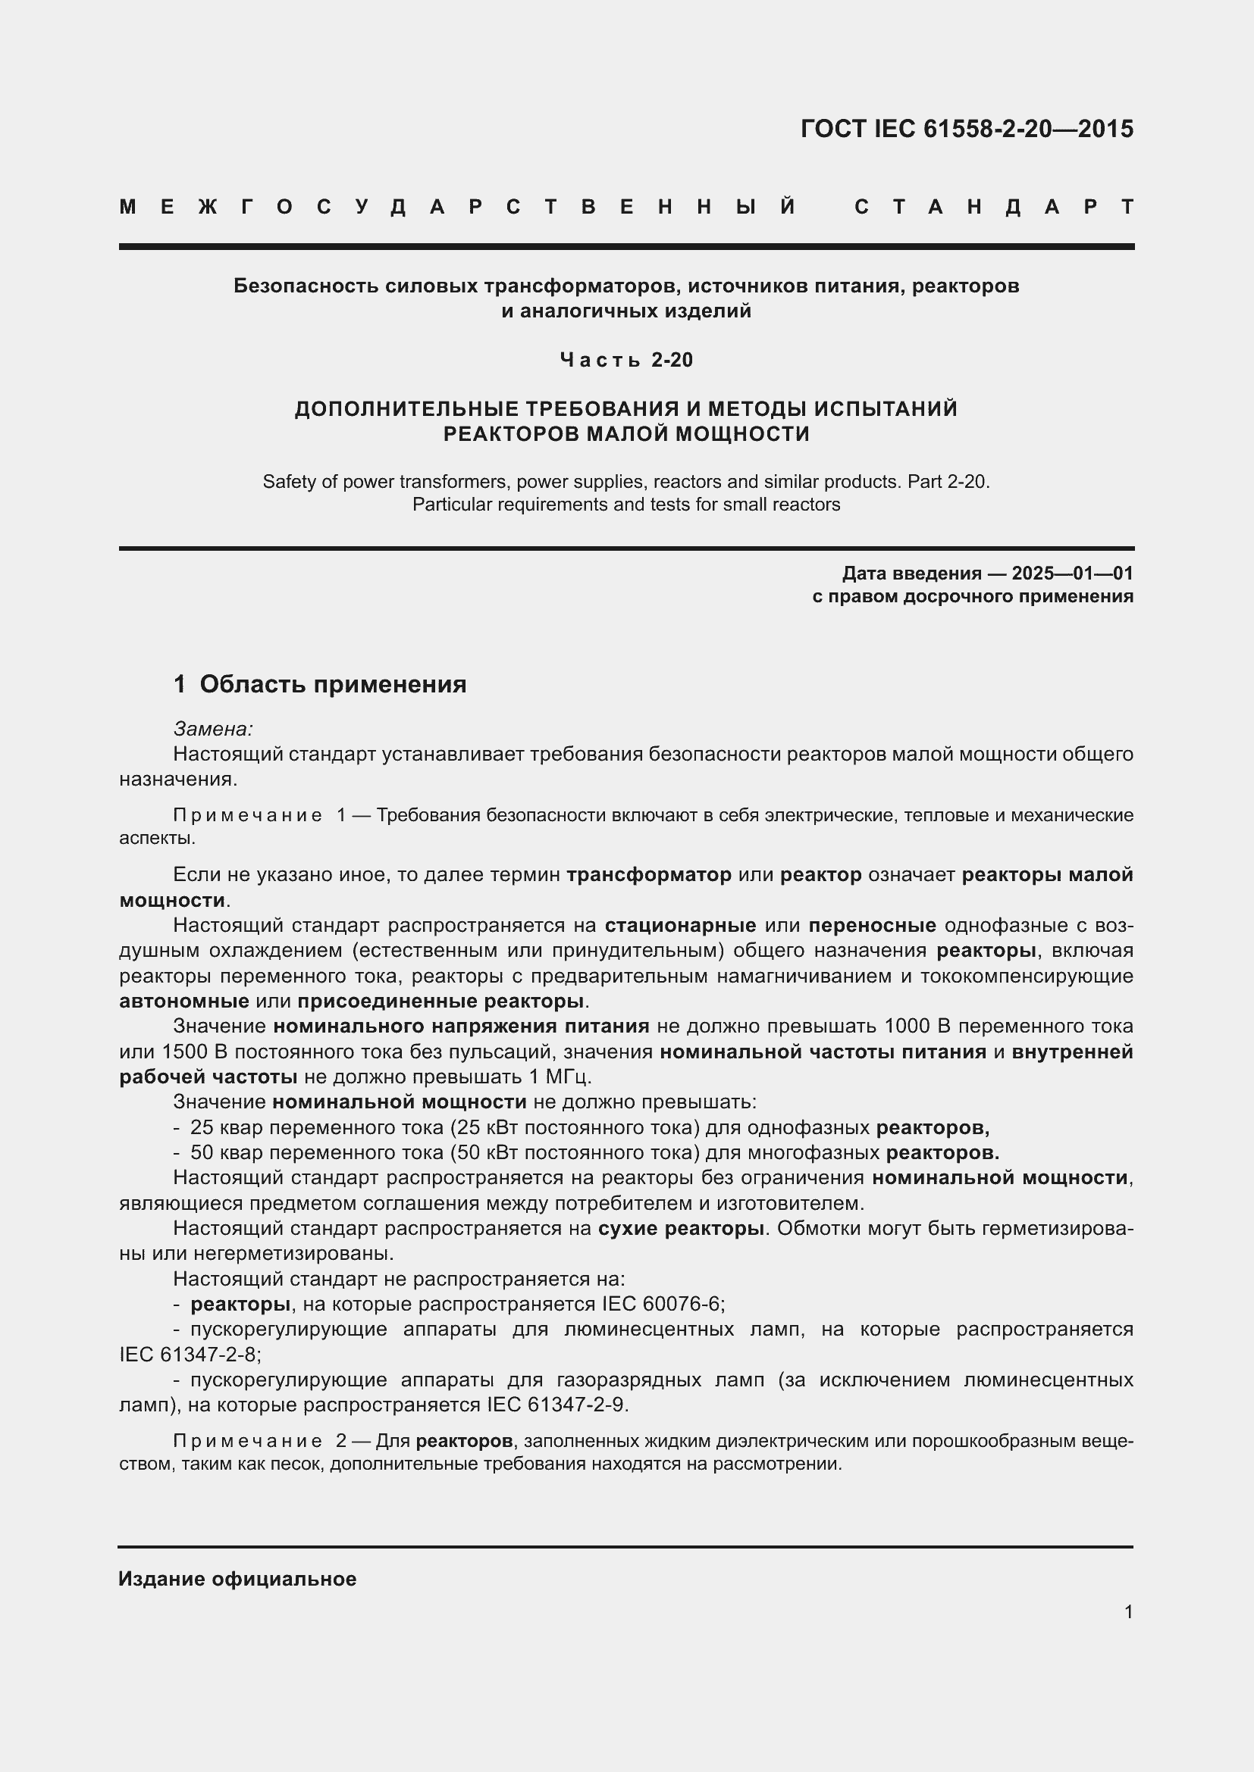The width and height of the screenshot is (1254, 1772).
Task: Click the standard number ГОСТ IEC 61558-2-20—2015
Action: [967, 129]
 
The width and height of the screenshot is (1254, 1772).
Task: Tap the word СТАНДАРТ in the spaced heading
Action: [994, 207]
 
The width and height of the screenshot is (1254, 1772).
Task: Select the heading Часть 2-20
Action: [626, 360]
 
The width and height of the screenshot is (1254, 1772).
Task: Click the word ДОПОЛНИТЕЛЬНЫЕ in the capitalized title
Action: [406, 409]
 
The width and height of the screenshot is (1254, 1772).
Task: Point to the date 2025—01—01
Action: [1073, 573]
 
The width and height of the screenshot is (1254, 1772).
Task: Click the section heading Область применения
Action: [333, 685]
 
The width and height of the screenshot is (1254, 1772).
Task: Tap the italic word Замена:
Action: [213, 729]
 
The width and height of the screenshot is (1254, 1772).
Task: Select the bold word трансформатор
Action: [649, 875]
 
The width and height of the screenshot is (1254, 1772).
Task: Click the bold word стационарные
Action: [679, 925]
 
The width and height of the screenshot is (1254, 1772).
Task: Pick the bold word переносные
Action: [873, 925]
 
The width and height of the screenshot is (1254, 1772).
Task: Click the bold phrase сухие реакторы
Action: [681, 1229]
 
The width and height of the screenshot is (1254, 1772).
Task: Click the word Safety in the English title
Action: [288, 483]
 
